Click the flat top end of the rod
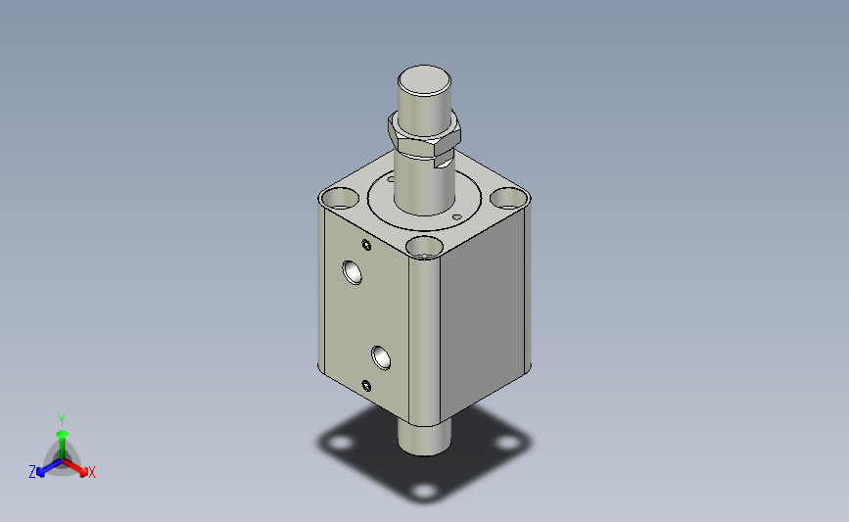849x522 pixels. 425,80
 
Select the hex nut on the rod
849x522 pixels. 424,137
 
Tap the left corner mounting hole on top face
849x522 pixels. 340,198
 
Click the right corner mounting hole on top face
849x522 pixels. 509,198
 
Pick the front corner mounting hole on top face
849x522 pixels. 425,247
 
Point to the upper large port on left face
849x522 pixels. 353,272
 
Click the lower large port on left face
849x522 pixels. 381,357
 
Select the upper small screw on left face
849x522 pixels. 366,245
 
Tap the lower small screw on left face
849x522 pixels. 366,386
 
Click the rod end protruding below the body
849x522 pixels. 425,438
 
